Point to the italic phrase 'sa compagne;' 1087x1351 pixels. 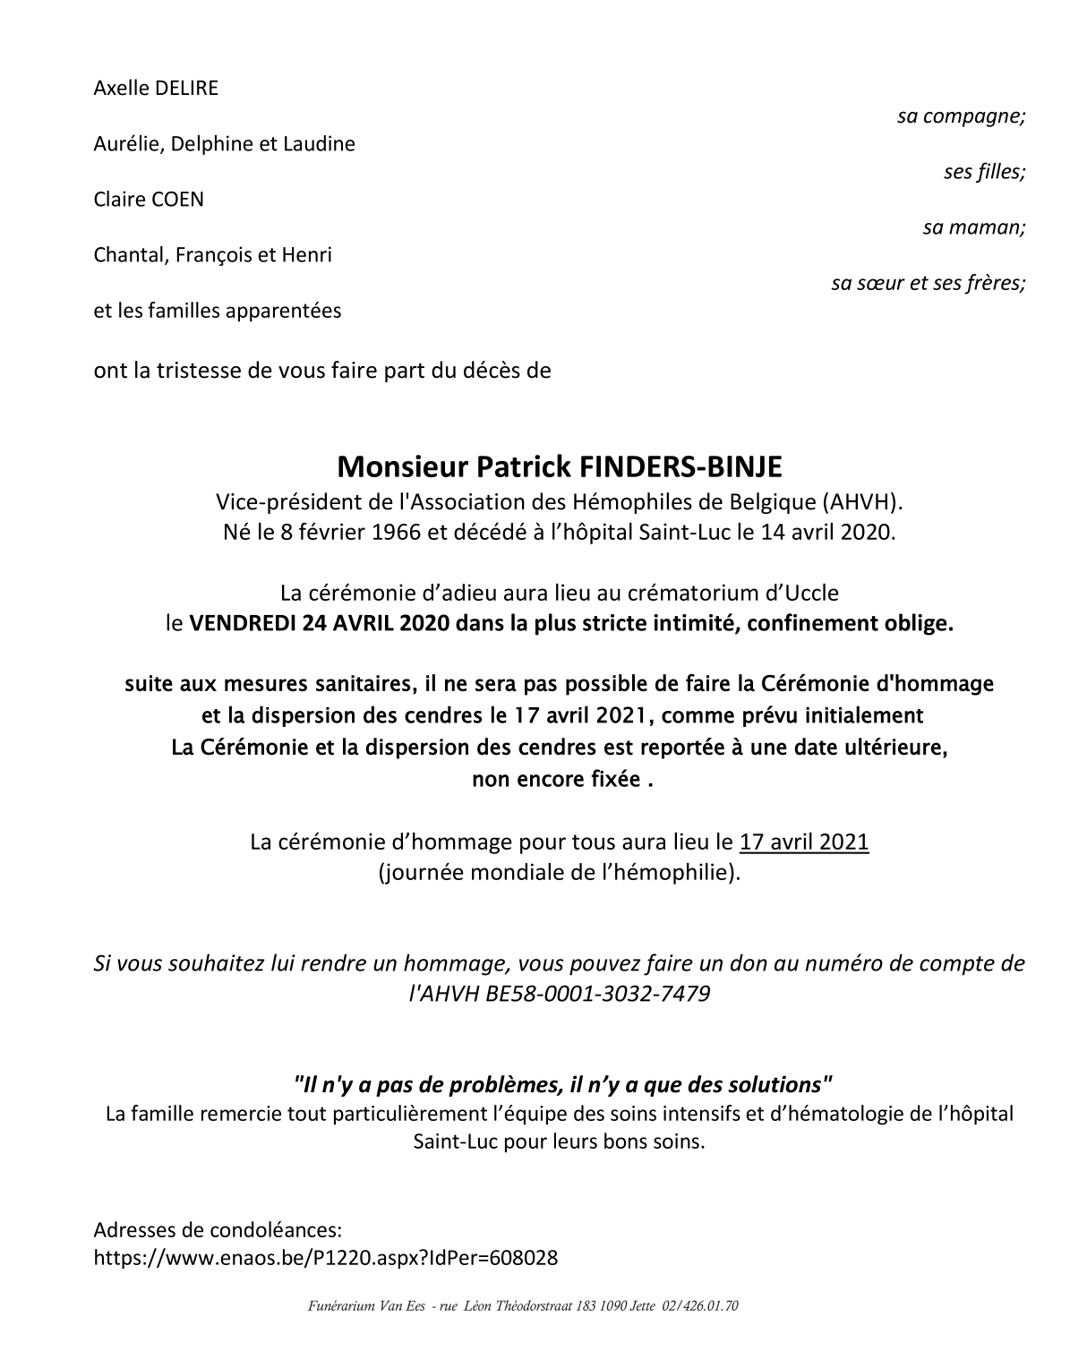pos(961,116)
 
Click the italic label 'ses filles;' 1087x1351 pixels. pos(984,172)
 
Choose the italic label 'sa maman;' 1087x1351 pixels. pos(974,227)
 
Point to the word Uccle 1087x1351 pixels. pos(809,593)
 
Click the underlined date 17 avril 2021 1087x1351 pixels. pos(804,842)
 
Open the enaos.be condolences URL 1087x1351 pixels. pos(326,1258)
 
